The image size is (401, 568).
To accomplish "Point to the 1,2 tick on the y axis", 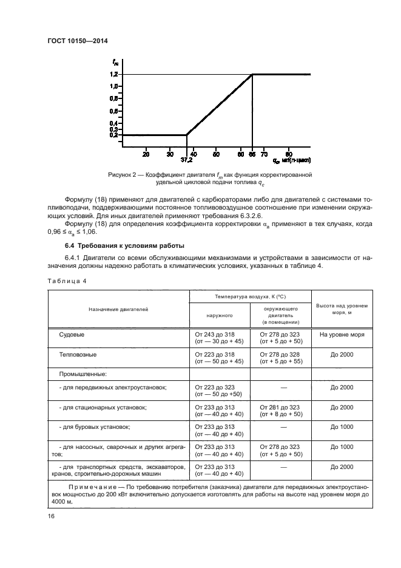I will tap(113, 74).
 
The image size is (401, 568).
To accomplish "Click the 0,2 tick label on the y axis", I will tap(113, 135).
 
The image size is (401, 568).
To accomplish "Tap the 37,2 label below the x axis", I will tap(187, 161).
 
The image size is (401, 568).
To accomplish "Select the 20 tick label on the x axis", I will tap(146, 154).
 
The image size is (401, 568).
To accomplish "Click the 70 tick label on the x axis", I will tap(264, 154).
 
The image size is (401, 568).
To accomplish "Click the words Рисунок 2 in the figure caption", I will tap(123, 174).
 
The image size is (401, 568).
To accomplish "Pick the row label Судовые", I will tap(71, 334).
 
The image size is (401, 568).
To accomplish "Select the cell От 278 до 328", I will tap(280, 354).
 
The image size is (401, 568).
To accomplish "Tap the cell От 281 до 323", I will tap(280, 407).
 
